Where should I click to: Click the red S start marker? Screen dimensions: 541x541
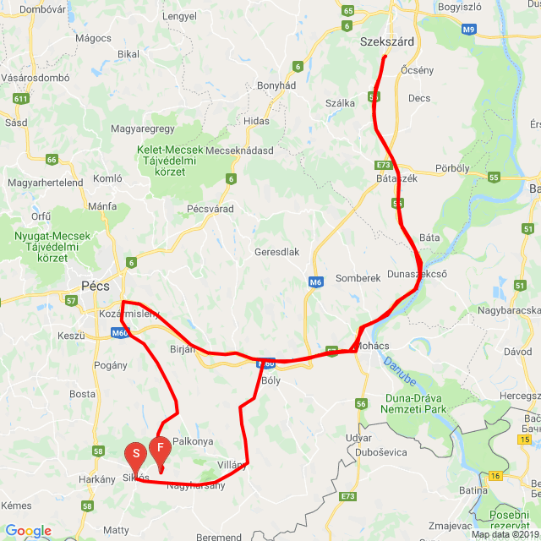point(134,457)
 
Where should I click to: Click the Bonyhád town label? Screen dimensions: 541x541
point(275,85)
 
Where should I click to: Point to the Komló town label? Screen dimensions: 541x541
point(107,178)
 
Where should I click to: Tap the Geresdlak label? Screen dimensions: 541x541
point(277,252)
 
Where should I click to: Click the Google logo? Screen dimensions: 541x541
point(28,531)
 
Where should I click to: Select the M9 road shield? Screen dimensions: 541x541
point(470,30)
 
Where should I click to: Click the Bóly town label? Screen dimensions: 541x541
point(271,380)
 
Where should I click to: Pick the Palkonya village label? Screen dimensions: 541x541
point(193,441)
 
